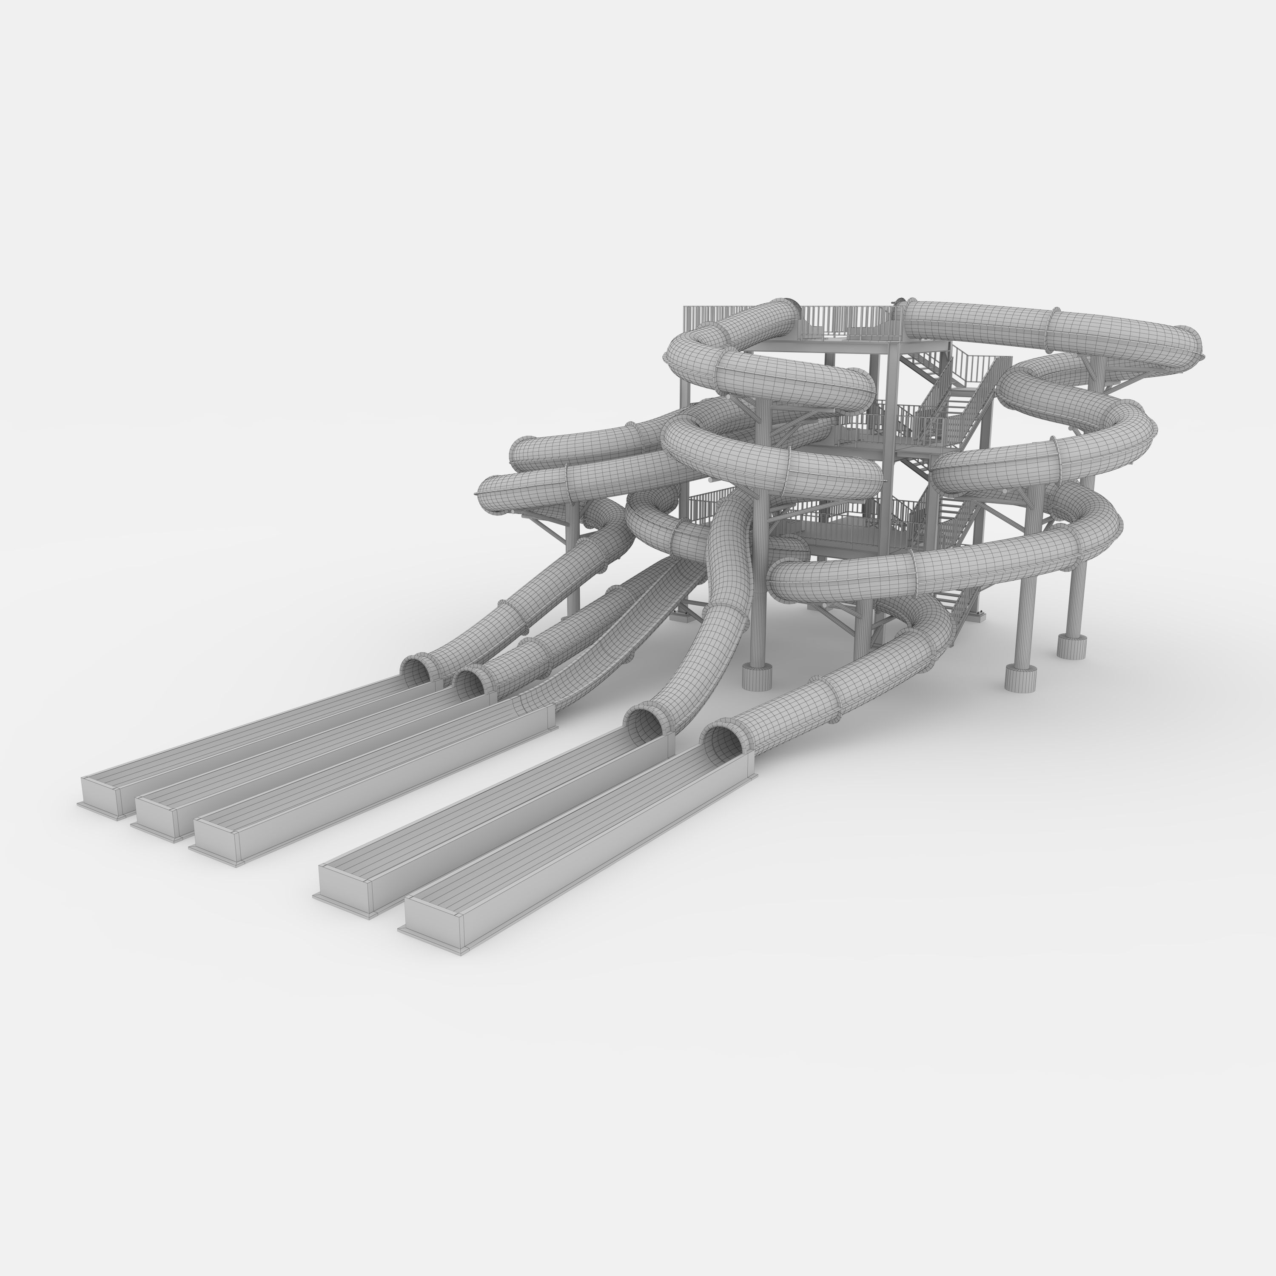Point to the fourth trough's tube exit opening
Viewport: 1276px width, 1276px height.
coord(645,725)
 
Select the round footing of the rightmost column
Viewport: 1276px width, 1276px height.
coord(1071,645)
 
